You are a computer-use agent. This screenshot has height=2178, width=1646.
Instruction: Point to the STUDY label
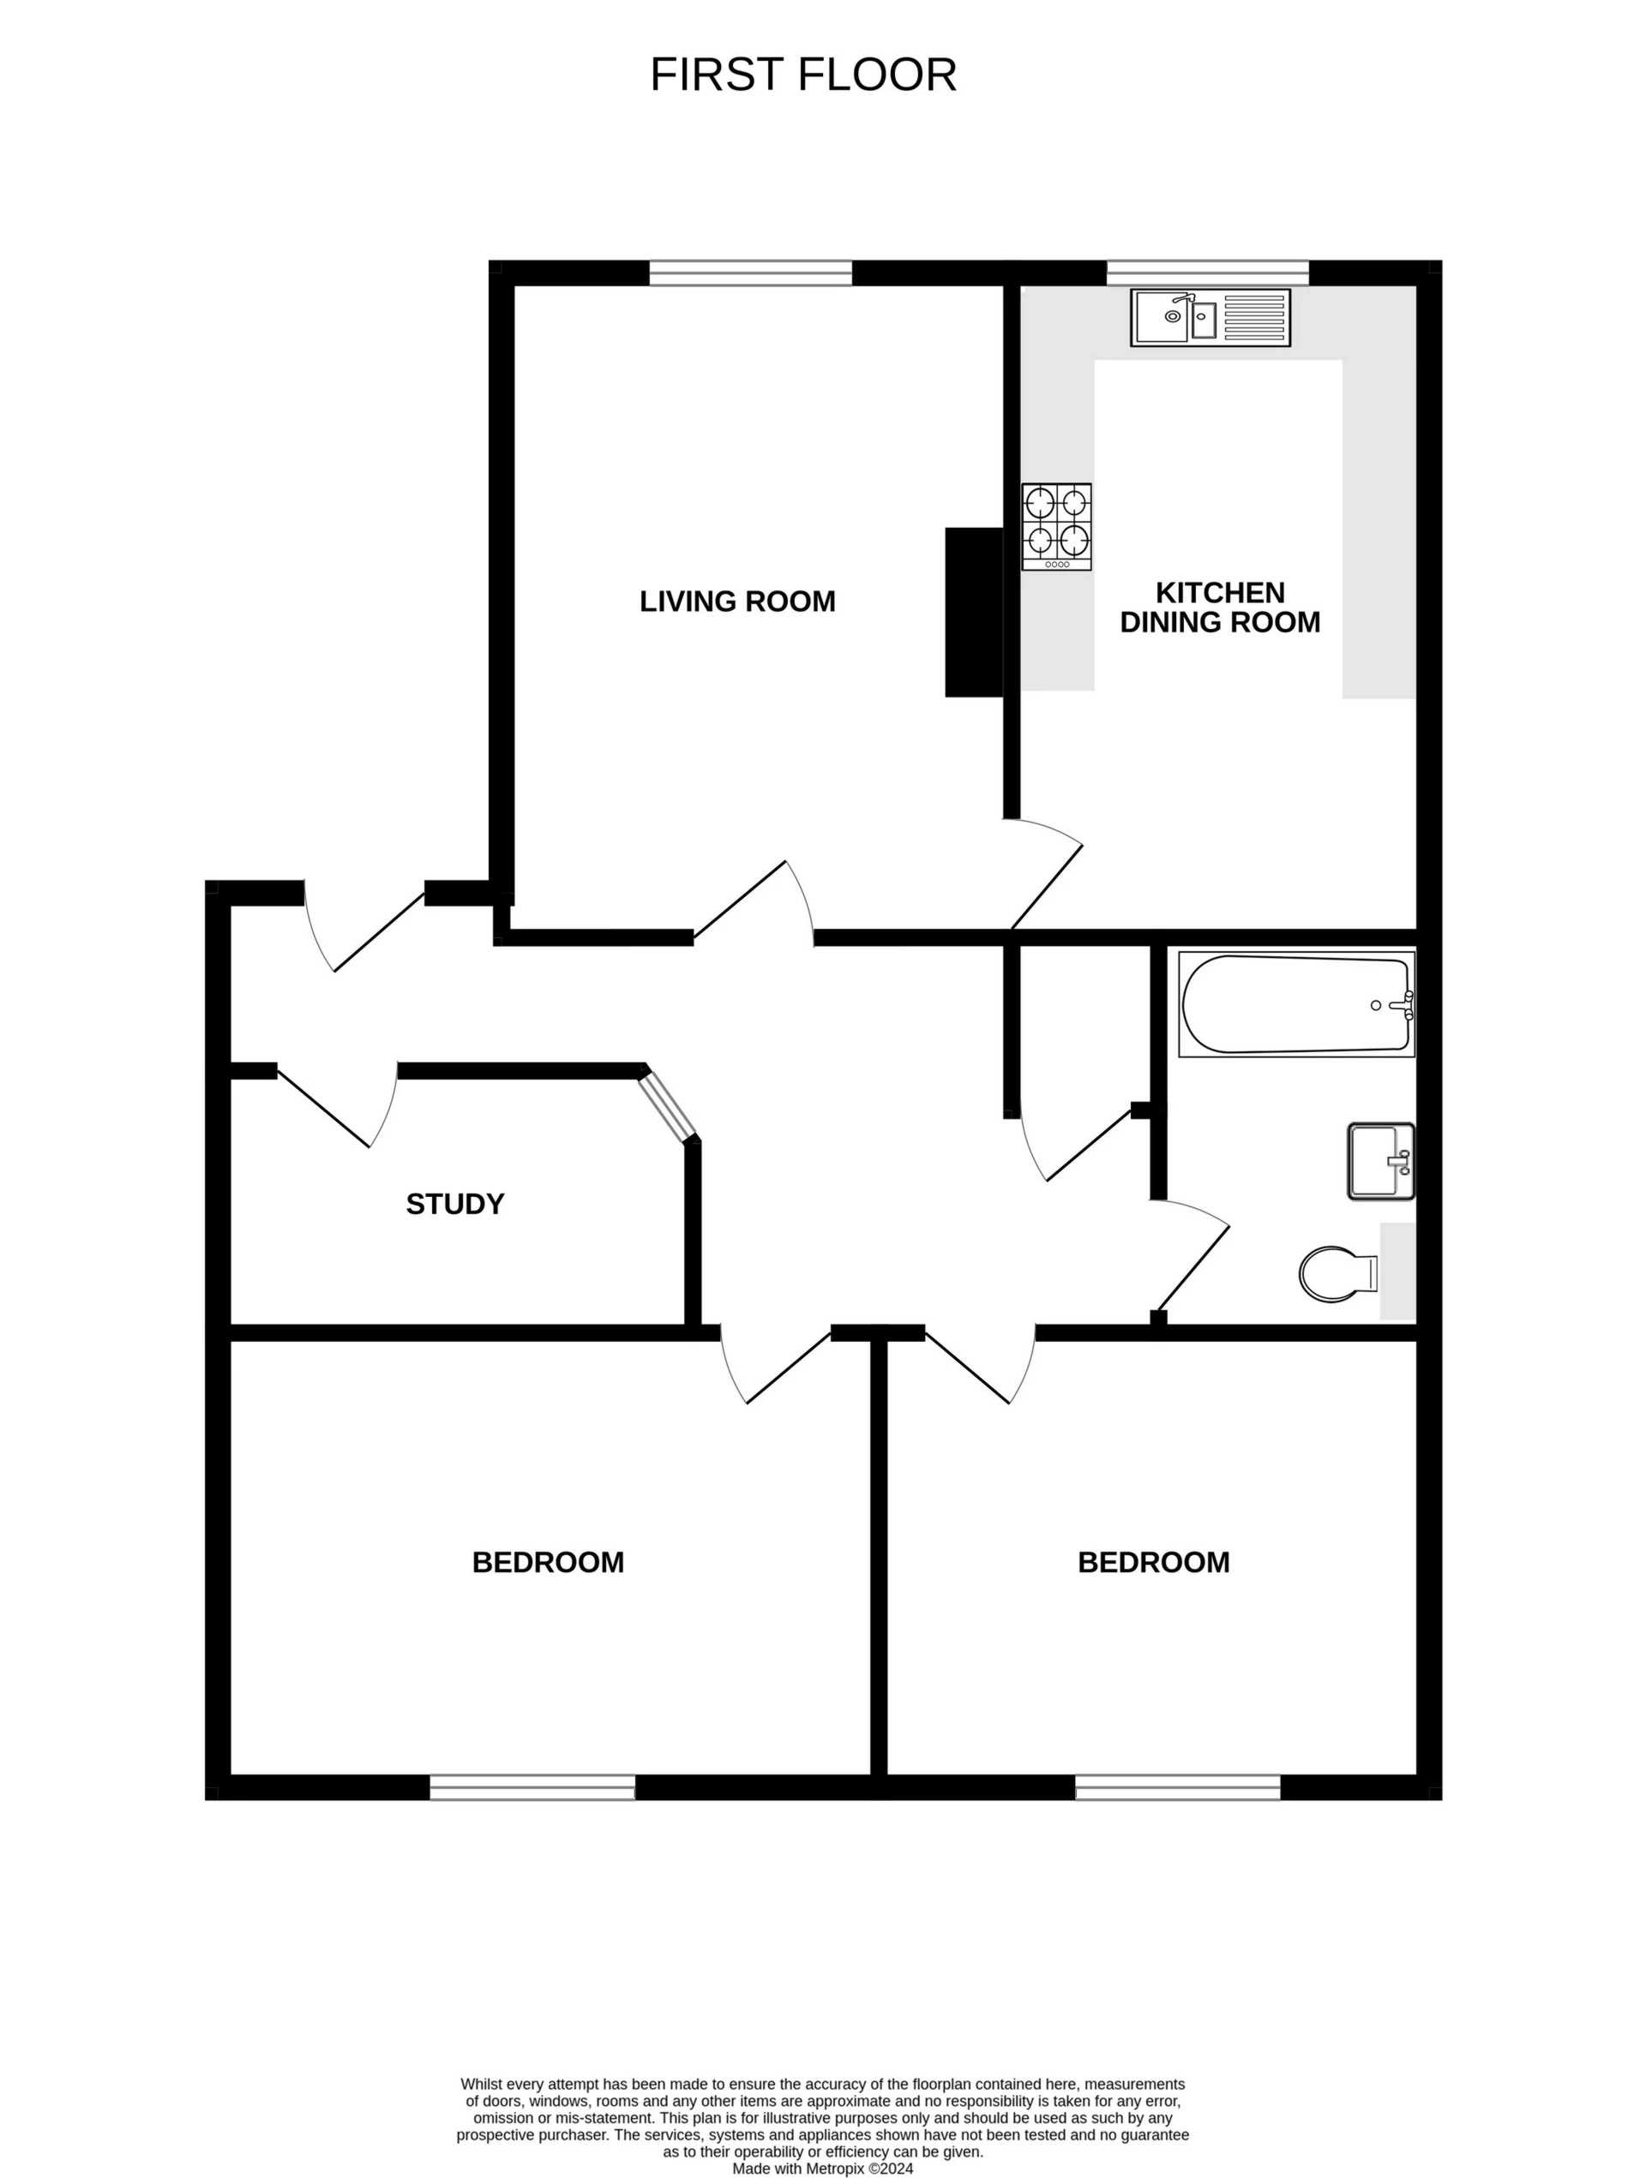click(x=455, y=1204)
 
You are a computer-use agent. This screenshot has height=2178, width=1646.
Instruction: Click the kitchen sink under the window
click(x=1210, y=317)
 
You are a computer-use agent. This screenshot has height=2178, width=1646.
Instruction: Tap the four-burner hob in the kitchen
click(x=1056, y=526)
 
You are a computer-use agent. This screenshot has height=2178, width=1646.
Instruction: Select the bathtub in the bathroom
click(x=1296, y=1004)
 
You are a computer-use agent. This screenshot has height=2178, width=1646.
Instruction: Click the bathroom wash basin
click(x=1380, y=1161)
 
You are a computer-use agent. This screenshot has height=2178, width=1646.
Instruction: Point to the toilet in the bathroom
click(x=1337, y=1274)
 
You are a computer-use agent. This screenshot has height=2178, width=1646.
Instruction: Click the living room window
click(x=751, y=272)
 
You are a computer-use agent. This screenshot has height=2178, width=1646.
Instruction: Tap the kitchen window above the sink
click(x=1208, y=272)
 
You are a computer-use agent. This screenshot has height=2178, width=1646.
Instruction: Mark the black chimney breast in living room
click(x=973, y=612)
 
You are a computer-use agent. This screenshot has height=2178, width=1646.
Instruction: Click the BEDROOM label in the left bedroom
click(x=548, y=1563)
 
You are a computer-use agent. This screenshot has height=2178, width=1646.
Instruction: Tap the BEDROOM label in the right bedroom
click(x=1153, y=1563)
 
